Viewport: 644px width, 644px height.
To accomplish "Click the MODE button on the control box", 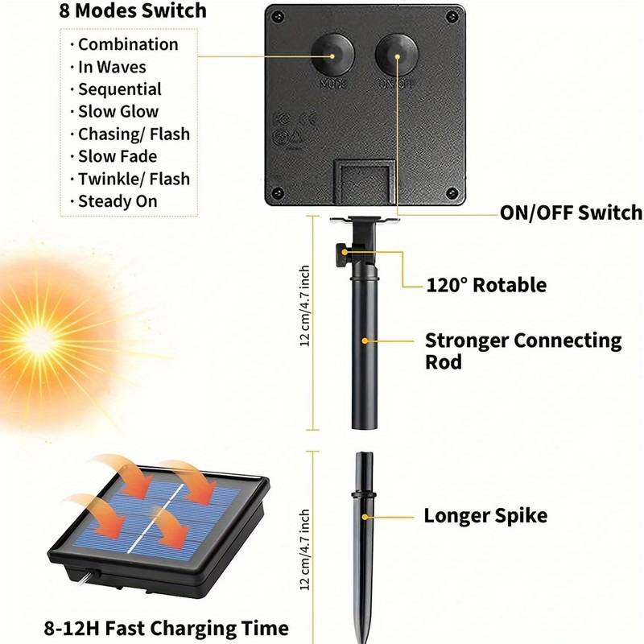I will click(331, 54).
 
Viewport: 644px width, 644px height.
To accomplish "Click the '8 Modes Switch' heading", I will click(132, 11).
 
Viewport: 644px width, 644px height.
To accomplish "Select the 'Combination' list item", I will click(127, 45).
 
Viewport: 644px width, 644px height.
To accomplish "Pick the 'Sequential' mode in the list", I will click(119, 89).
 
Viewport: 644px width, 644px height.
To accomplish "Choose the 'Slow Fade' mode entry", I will click(117, 156).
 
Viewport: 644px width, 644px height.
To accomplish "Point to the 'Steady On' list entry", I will click(117, 201).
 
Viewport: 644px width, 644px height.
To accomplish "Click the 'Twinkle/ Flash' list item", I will click(134, 179).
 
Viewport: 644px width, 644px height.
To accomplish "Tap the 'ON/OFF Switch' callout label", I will click(571, 213).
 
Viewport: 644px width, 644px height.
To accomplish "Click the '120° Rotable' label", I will click(485, 285).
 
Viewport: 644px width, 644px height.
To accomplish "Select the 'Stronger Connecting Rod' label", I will click(523, 350).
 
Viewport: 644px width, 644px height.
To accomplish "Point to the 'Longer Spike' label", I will click(485, 515).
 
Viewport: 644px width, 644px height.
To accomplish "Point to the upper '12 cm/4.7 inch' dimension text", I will click(304, 306).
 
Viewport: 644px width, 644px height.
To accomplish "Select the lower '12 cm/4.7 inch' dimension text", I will click(304, 551).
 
